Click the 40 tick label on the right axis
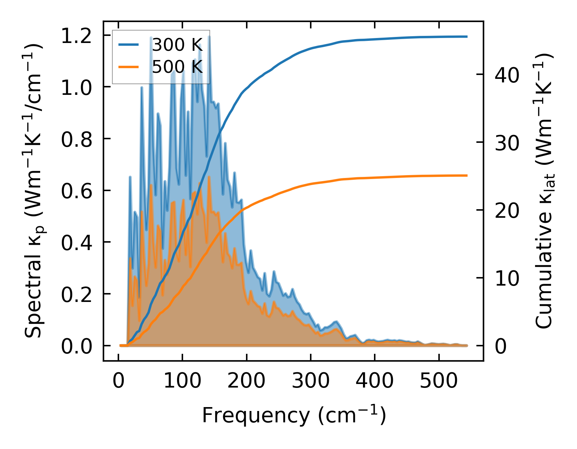point(507,75)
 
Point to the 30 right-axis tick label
point(507,143)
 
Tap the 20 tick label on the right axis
point(507,210)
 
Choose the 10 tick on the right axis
point(507,278)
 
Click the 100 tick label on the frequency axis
point(182,381)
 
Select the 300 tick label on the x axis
point(311,381)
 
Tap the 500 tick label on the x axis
point(439,381)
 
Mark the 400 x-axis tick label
point(375,381)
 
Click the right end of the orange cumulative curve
point(466,175)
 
